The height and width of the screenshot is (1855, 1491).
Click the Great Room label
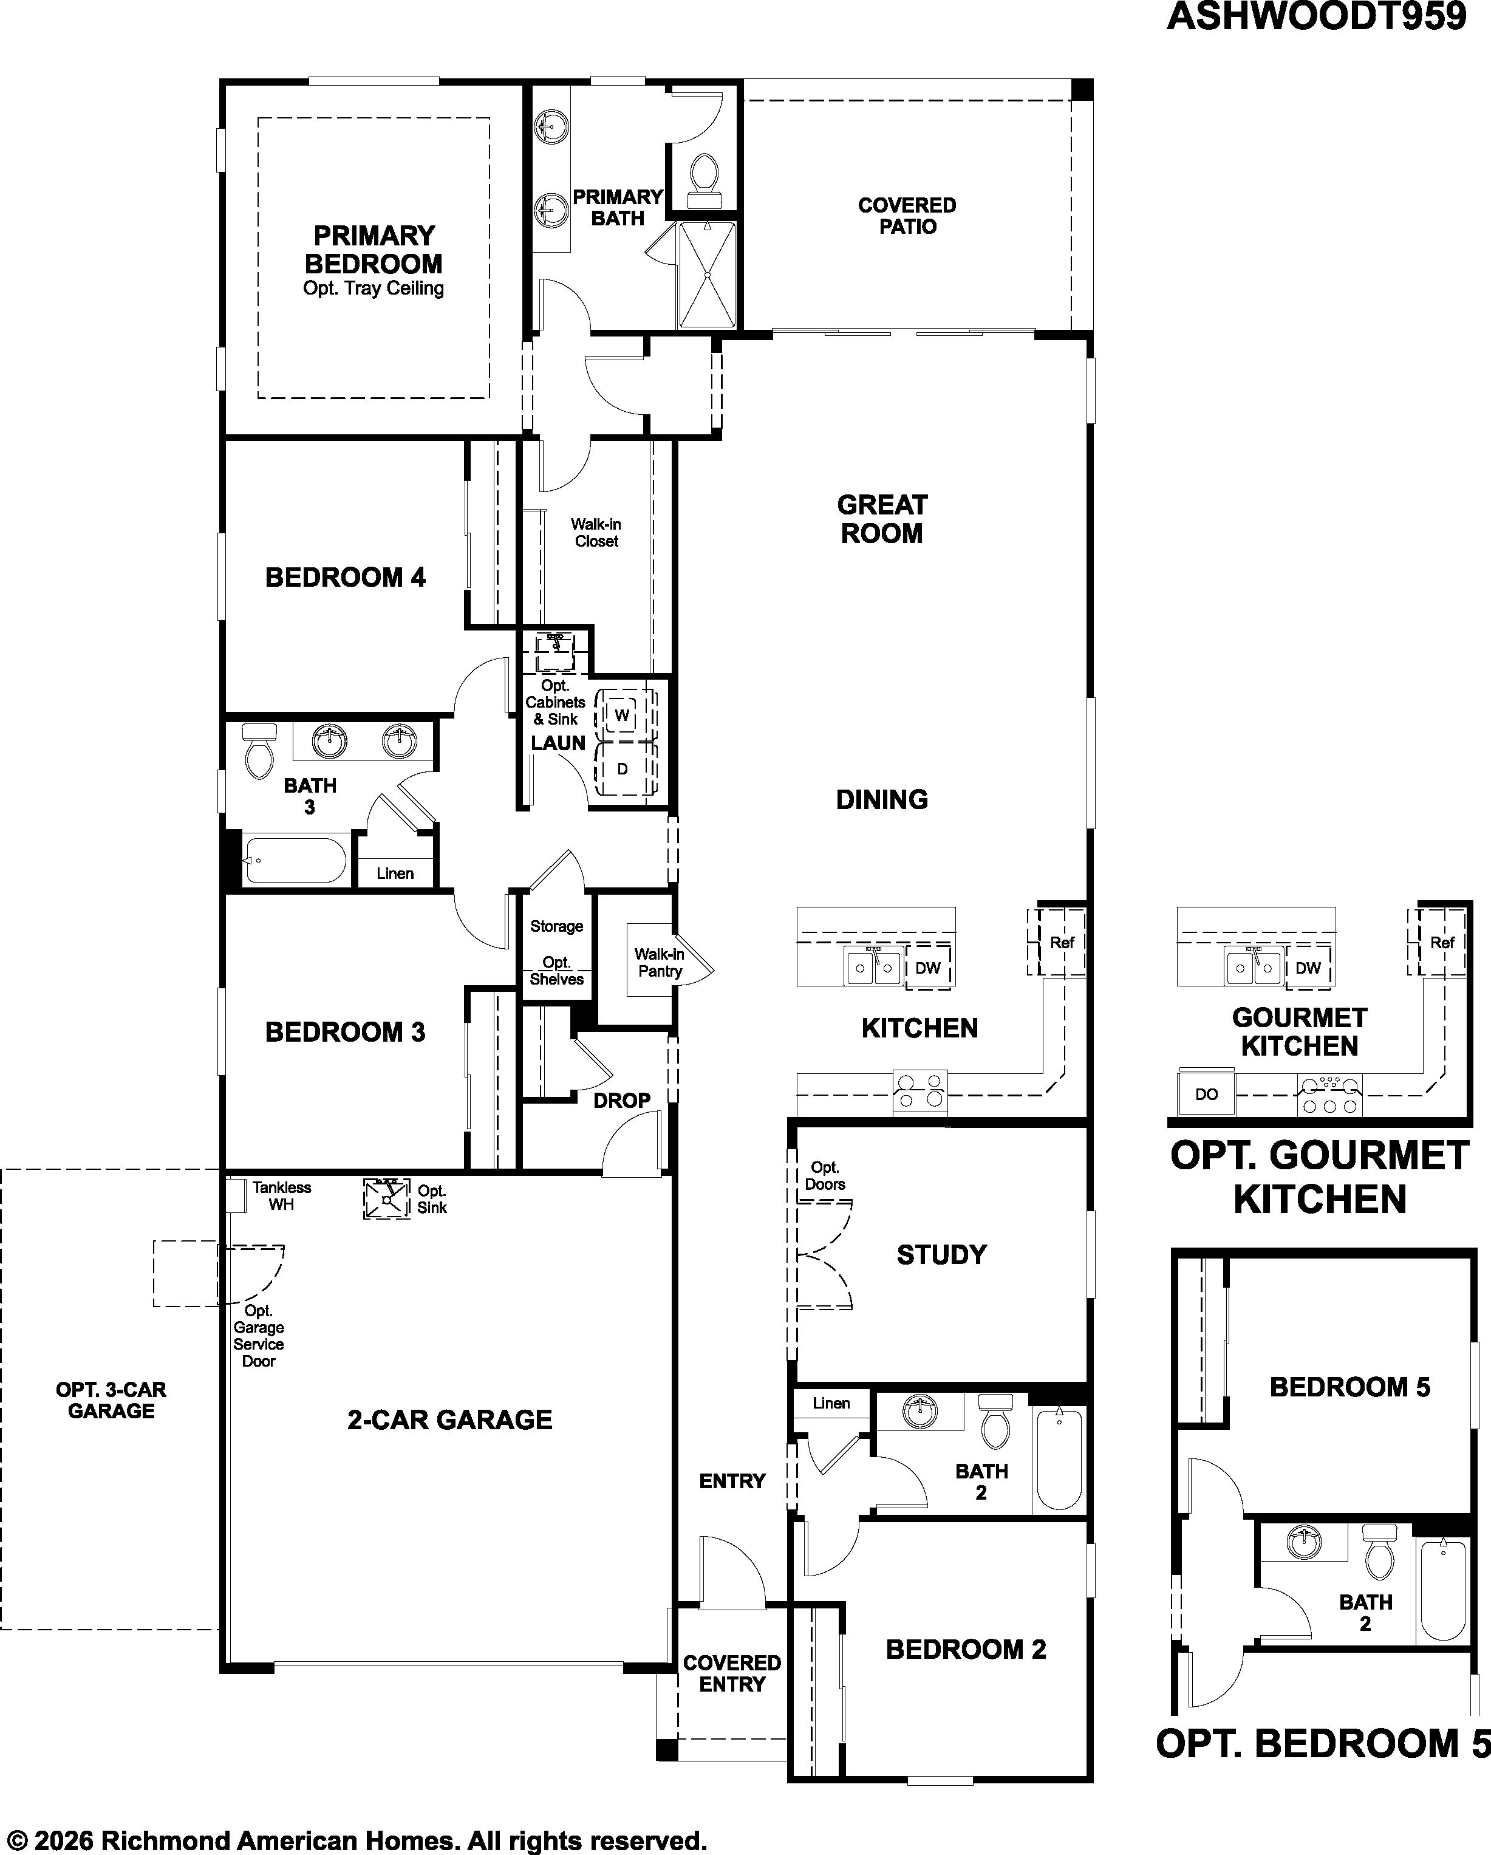pos(882,519)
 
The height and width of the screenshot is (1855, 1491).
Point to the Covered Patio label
pos(907,216)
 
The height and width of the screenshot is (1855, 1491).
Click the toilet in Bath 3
pos(259,751)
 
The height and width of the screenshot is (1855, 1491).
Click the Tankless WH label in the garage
pos(281,1195)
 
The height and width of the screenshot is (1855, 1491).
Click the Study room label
pos(941,1255)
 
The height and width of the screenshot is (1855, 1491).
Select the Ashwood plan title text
pos(1316,16)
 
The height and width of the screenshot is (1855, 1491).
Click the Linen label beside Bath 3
pos(395,873)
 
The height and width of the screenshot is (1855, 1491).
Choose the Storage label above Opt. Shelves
pos(557,927)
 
